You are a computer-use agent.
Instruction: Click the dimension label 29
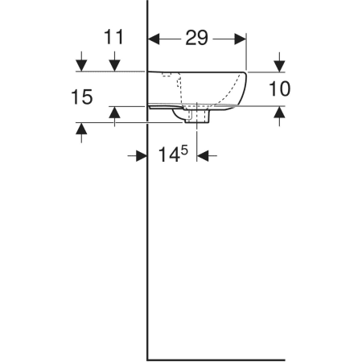pos(196,38)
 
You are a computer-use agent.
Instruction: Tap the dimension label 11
pos(113,37)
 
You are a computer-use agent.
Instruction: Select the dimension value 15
pos(82,97)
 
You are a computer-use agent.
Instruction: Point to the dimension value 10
pos(279,88)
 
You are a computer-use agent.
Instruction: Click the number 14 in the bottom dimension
pos(169,154)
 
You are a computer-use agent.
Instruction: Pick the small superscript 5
pos(184,150)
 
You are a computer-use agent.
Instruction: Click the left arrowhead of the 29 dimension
pos(154,39)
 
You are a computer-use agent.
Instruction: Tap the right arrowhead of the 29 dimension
pos(241,39)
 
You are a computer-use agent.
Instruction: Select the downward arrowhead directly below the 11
pos(114,66)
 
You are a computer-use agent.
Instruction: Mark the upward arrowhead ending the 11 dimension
pos(114,112)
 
